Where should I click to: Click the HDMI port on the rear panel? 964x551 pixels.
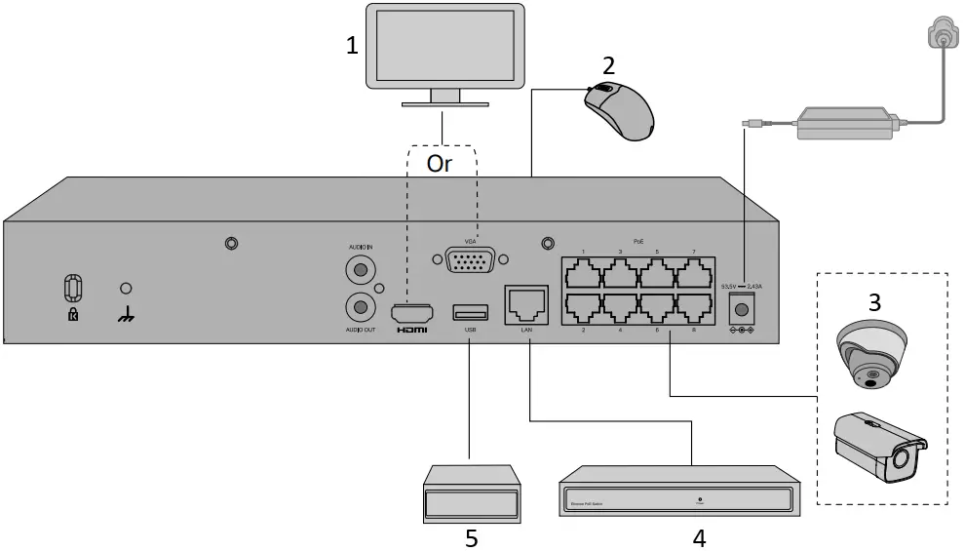click(410, 313)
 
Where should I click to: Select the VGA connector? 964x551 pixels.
click(470, 261)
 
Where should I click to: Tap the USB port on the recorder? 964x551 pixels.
click(470, 312)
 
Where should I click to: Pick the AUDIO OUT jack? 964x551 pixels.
click(361, 307)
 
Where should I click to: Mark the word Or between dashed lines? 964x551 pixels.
click(440, 163)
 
